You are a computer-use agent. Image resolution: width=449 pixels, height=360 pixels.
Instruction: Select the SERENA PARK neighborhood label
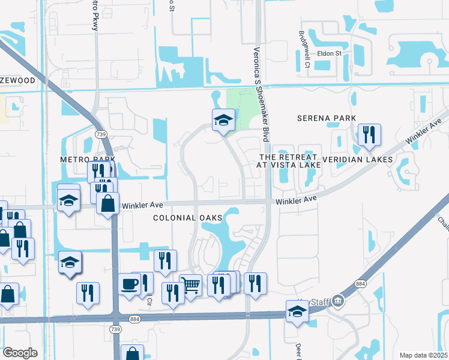327,118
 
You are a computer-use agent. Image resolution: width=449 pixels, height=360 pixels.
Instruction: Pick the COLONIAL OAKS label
187,217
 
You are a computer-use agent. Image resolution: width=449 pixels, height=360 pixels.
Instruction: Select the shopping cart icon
190,285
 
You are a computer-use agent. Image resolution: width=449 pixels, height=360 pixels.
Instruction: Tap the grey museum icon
339,299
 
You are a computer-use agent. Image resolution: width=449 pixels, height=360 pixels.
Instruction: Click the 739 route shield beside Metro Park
100,134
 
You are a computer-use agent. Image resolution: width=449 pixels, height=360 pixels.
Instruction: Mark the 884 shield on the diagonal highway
360,283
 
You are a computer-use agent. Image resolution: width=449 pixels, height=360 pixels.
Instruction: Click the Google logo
20,353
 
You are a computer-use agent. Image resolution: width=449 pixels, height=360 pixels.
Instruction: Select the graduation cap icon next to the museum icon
297,311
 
